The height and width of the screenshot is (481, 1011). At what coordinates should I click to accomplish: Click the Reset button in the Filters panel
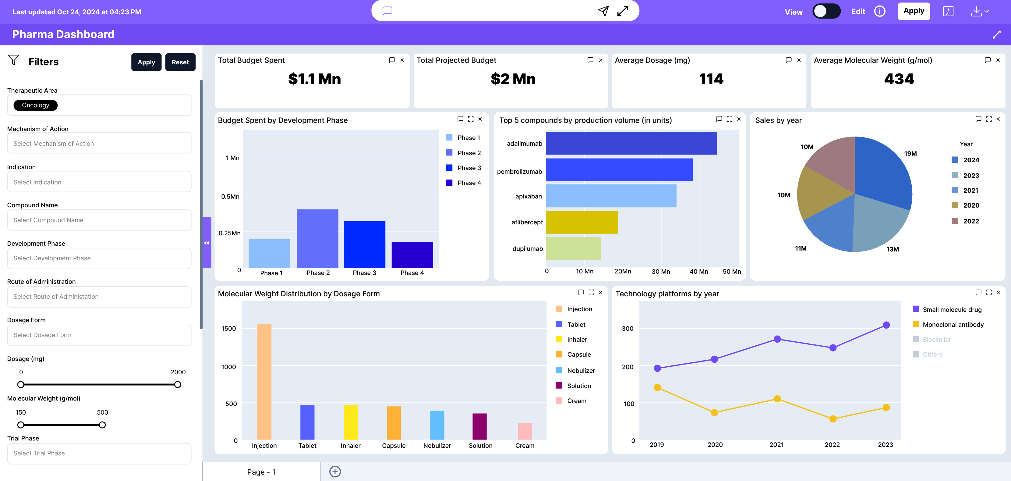coord(180,62)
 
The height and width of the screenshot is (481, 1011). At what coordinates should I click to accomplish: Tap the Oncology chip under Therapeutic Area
coord(35,105)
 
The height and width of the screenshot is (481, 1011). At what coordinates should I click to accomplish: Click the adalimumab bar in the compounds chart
coord(631,143)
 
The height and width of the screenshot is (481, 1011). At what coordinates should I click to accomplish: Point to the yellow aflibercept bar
coord(582,222)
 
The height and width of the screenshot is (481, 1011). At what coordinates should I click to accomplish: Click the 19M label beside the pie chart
coord(910,154)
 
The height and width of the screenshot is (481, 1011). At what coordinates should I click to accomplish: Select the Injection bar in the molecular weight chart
coord(264,381)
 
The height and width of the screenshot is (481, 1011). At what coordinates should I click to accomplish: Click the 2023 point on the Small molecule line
coord(886,325)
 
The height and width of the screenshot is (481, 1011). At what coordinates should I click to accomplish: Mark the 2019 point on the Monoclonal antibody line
coord(657,387)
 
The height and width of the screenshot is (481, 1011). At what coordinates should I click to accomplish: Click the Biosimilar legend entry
coord(936,340)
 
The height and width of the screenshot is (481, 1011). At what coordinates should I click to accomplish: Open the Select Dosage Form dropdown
coord(99,335)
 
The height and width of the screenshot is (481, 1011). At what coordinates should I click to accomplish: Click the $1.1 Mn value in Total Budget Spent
coord(314,79)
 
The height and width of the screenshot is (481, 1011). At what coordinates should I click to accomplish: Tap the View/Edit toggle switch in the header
coord(826,11)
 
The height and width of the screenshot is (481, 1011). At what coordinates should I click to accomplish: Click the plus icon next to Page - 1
coord(335,472)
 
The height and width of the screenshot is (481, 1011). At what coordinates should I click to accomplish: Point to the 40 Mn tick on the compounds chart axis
coord(698,271)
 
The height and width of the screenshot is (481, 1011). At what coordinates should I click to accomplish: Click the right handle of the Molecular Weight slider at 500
coord(102,425)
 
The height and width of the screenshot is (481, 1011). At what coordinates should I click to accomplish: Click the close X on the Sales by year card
coord(998,119)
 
